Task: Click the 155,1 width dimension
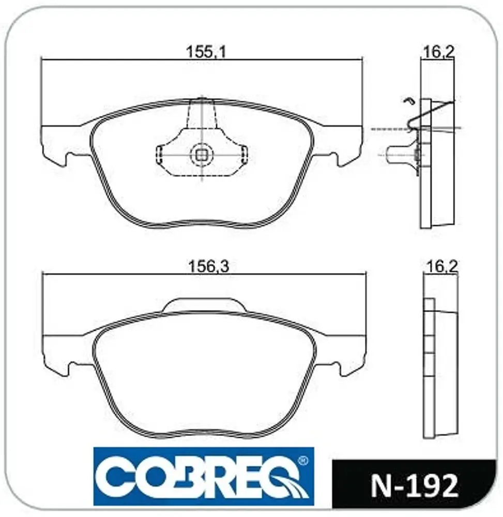click(x=206, y=52)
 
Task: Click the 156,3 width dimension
click(x=208, y=266)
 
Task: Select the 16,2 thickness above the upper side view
click(x=438, y=52)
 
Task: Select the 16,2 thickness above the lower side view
click(x=442, y=266)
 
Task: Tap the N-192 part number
click(x=414, y=486)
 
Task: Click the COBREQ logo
click(x=204, y=476)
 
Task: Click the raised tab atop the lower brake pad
click(x=204, y=305)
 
